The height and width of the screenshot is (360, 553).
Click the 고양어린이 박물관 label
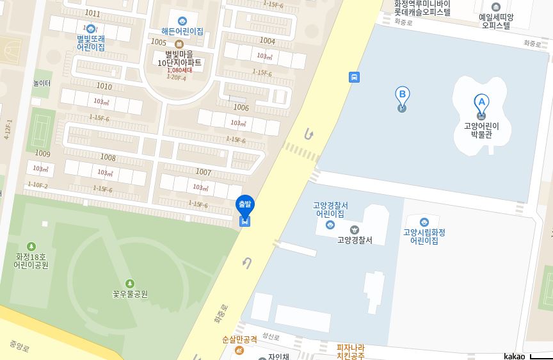[x=481, y=130]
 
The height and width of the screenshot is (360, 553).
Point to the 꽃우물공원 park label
[x=130, y=294]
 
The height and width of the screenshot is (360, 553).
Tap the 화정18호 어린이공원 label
[x=31, y=261]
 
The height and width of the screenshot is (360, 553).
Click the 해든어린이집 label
[x=182, y=31]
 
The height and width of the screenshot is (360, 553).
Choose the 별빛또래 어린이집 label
[x=91, y=42]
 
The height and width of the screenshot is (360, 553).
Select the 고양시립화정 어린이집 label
[x=424, y=236]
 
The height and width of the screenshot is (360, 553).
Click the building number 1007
[x=203, y=172]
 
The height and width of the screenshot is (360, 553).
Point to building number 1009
[x=42, y=154]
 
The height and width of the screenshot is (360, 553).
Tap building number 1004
[x=267, y=41]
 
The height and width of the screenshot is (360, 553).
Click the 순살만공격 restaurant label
[x=239, y=340]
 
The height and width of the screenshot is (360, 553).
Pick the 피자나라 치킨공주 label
[x=351, y=352]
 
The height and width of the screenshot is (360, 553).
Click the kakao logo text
[x=514, y=356]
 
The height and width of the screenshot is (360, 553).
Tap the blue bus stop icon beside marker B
[x=354, y=78]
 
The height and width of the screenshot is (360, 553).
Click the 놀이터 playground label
[x=42, y=83]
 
